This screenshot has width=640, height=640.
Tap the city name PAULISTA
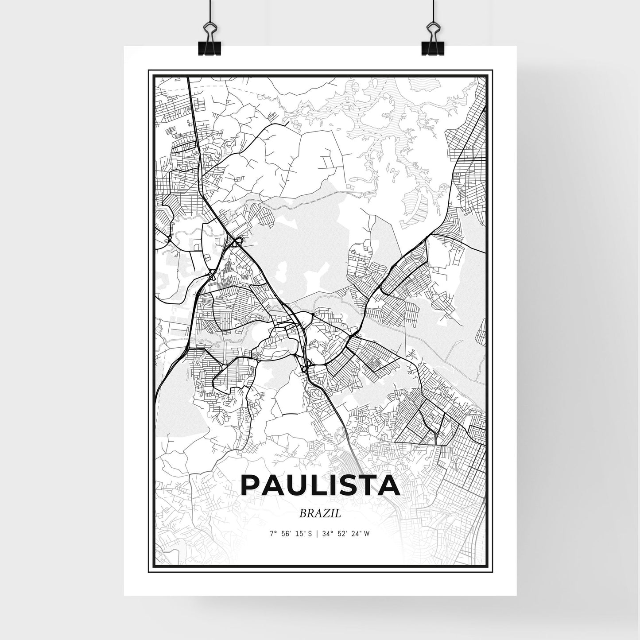tap(320, 485)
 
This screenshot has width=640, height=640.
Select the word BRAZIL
tap(320, 514)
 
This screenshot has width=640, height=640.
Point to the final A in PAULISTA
tap(389, 485)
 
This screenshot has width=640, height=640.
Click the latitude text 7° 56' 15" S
tap(290, 534)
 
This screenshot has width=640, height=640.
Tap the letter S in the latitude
tap(310, 534)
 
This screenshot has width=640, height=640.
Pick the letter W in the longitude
tap(367, 534)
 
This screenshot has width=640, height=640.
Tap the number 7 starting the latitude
tap(271, 534)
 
